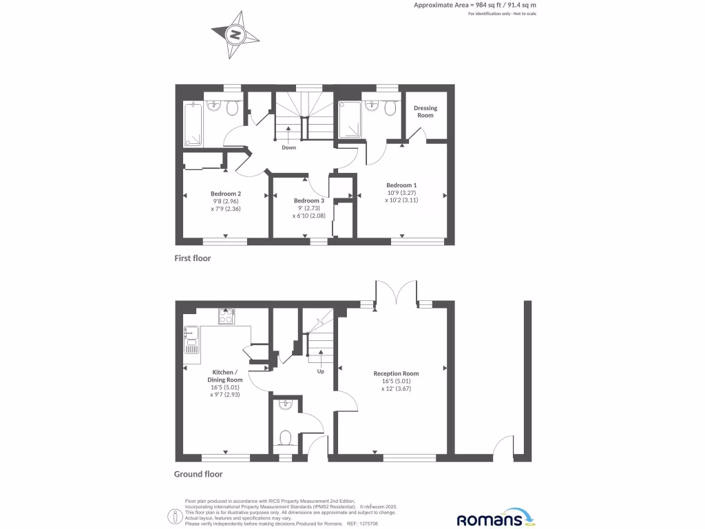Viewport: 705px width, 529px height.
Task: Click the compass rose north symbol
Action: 235,34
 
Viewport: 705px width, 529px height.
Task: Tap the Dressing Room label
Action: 425,112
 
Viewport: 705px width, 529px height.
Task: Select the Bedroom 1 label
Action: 401,185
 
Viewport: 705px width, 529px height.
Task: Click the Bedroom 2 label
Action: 226,194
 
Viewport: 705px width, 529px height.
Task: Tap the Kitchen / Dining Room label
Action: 225,376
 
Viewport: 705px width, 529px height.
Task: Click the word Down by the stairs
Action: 289,147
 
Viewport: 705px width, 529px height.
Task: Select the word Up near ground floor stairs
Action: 320,371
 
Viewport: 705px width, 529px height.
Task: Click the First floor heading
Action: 192,258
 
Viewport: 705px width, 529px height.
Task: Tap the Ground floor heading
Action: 198,474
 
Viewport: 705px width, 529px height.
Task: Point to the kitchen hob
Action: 225,317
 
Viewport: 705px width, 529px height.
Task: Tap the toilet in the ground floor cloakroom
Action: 286,436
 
